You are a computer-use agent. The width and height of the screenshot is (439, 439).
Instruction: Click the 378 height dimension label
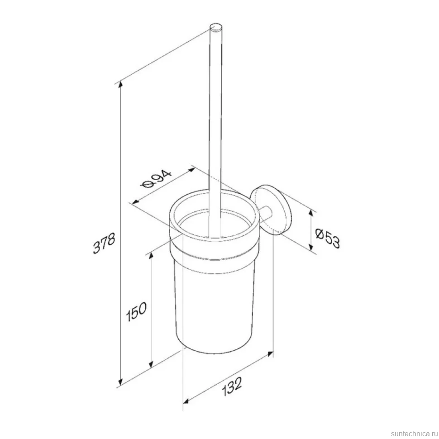click(x=104, y=243)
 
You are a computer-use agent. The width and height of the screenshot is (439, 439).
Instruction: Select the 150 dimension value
click(x=136, y=311)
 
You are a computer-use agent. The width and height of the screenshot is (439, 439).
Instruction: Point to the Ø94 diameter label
click(x=156, y=180)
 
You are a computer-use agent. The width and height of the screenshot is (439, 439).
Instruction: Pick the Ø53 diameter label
click(x=328, y=238)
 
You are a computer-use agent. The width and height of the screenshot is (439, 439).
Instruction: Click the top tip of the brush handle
click(x=216, y=26)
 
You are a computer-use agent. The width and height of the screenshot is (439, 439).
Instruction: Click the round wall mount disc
click(x=271, y=210)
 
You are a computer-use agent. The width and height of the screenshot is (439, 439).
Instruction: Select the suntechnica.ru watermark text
click(x=415, y=434)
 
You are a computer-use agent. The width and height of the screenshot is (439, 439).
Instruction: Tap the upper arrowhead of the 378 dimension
click(x=121, y=84)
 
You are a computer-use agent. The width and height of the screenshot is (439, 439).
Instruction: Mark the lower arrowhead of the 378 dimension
click(x=121, y=382)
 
